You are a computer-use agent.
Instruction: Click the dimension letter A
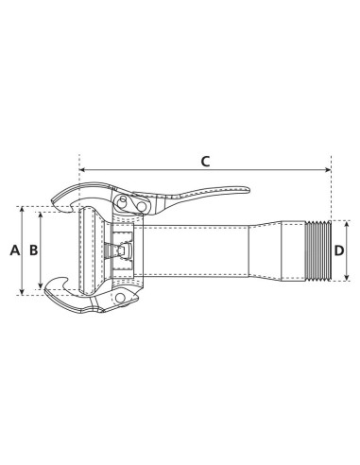click(x=13, y=250)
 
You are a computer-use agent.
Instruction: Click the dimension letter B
click(x=33, y=250)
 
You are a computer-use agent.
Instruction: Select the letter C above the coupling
click(x=205, y=161)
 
